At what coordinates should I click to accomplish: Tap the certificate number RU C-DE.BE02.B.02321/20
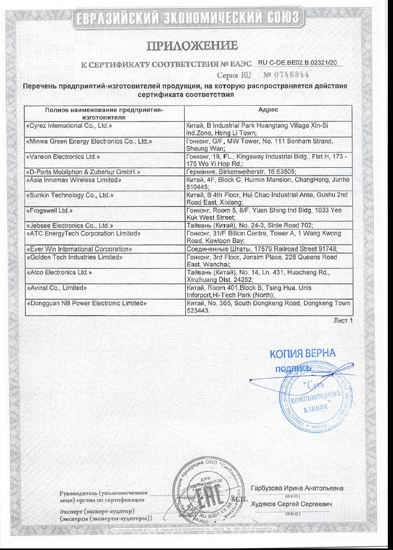[x=298, y=63]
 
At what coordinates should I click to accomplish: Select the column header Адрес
[x=268, y=110]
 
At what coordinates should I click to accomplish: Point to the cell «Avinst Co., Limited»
[x=56, y=287]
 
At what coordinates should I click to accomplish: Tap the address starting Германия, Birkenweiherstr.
[x=241, y=171]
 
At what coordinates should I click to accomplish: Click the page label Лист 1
[x=343, y=320]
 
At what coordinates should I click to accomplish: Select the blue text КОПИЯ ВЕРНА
[x=302, y=354]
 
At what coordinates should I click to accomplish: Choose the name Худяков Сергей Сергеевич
[x=291, y=505]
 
